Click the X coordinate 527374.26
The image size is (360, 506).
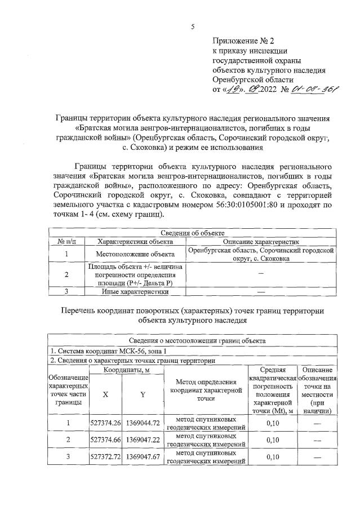tap(106, 423)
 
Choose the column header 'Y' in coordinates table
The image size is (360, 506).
tap(143, 394)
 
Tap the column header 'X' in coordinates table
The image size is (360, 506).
tap(106, 394)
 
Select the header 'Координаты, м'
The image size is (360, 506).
tap(124, 370)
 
